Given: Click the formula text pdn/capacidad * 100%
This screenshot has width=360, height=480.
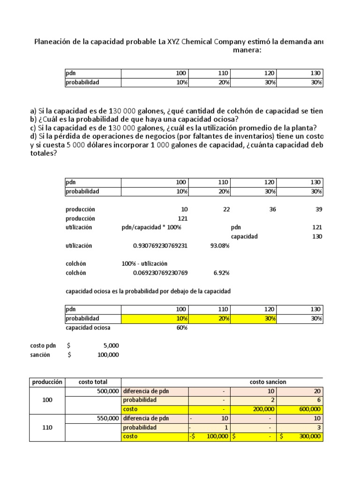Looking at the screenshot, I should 151,227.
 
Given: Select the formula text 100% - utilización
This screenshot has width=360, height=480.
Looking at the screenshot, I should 144,264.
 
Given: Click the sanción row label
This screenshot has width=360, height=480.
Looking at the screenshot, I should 40,355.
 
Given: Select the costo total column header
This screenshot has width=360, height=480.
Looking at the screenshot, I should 93,382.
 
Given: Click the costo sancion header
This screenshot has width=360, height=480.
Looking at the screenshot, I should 268,382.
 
